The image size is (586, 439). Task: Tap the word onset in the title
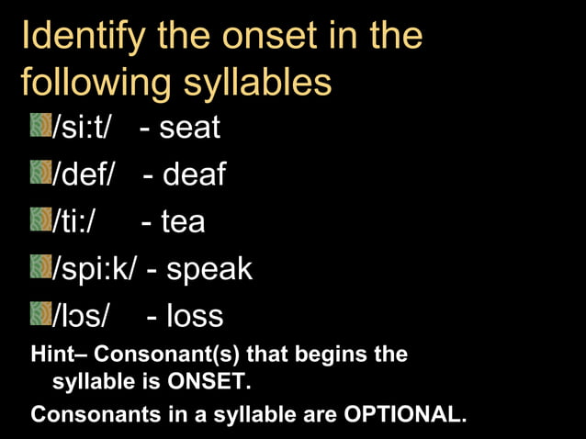287,36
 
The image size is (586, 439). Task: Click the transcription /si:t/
82,127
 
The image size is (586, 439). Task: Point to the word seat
189,127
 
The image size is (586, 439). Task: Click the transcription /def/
85,174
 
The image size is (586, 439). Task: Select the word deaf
194,174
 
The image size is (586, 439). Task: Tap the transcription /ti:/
76,221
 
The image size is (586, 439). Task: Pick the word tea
183,221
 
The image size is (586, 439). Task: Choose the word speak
209,269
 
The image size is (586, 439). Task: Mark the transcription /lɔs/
82,316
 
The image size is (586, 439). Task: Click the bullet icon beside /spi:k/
41,267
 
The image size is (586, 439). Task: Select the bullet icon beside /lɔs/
41,315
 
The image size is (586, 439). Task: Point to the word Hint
53,354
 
